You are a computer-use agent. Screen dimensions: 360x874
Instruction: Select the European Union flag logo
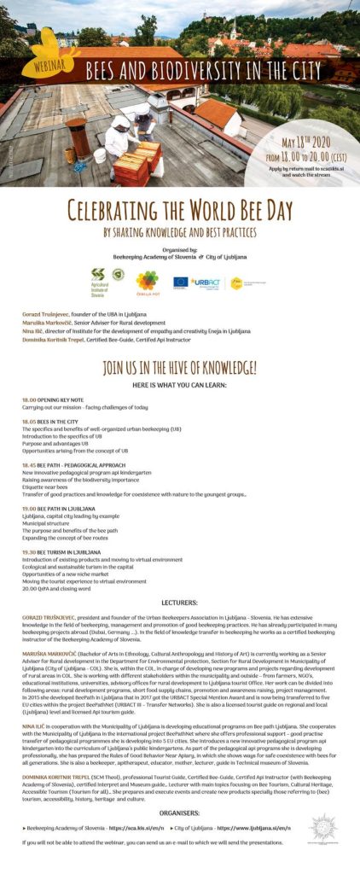(180, 281)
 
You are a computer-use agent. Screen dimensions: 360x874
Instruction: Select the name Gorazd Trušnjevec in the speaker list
(49, 315)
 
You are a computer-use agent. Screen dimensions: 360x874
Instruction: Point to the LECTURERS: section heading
(179, 602)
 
